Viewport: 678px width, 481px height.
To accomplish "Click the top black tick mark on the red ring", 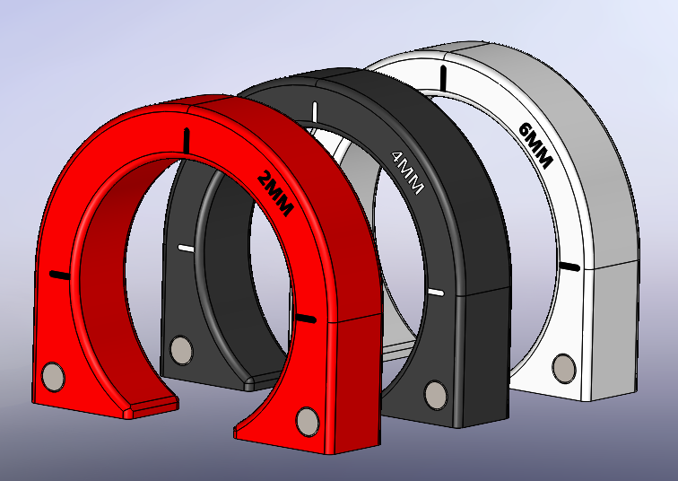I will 187,139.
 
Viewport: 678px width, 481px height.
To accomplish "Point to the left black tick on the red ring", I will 59,275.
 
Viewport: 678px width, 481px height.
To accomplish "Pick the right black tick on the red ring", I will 306,318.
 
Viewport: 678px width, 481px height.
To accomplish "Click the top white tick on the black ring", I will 315,112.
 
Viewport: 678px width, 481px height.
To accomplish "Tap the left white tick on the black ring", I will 186,248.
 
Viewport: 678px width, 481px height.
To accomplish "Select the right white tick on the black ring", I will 437,293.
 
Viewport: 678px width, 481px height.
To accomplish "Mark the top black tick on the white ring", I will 442,77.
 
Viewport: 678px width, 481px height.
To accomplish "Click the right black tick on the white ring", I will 569,266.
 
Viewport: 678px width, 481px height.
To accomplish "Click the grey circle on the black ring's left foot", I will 181,348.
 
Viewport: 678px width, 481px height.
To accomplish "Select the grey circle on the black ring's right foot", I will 436,393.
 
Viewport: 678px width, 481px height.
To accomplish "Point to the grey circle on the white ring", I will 564,366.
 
